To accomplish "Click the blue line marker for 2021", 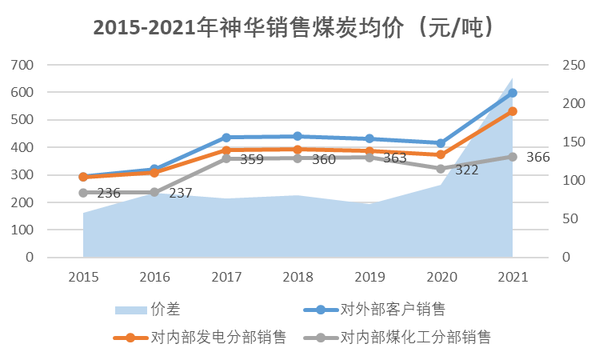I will pos(512,94).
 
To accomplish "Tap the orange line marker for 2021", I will pos(512,111).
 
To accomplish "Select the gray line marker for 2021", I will pos(512,157).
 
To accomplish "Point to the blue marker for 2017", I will pos(226,138).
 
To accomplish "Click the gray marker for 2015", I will pos(83,193).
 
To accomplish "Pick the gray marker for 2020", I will pos(441,169).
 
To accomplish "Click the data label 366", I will pos(537,158).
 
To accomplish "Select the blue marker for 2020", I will pos(441,143).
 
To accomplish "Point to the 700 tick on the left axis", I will pos(22,65).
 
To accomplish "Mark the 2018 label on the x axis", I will pos(298,277).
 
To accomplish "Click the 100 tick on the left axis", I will pos(22,230).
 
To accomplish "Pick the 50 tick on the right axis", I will pos(567,219).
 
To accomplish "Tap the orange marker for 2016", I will pos(154,173).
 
